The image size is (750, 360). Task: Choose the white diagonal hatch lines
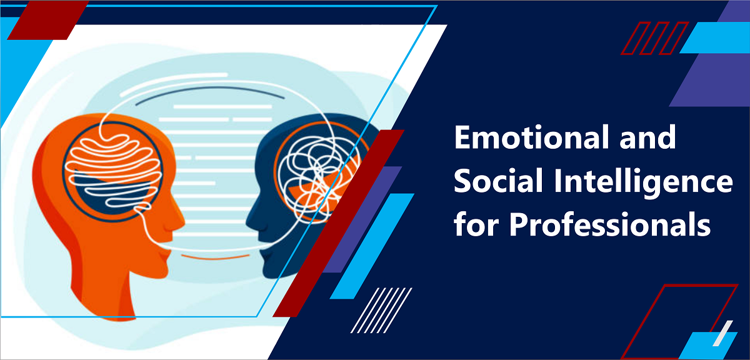click(x=381, y=310)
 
